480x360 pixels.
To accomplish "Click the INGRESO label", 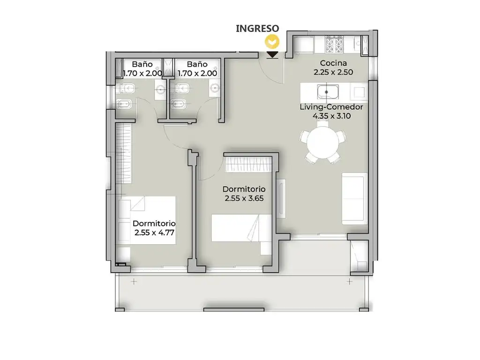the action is [x=257, y=29].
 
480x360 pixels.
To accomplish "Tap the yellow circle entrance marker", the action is [x=272, y=42].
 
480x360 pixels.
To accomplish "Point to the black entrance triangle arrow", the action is [x=272, y=54].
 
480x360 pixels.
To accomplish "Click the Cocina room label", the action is [x=333, y=63].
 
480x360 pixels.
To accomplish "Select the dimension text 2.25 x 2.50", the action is [x=333, y=72].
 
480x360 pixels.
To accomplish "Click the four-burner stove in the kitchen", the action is [x=333, y=45].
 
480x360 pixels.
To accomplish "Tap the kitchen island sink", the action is [x=328, y=92].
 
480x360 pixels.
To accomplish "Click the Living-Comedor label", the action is [x=331, y=107].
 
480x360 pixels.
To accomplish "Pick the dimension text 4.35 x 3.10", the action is [x=331, y=116].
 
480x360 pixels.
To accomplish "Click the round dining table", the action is [x=323, y=142].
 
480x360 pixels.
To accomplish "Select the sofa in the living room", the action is [x=354, y=199].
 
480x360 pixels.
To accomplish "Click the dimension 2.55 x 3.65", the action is [x=244, y=198].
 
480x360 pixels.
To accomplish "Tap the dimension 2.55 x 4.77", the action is [x=154, y=232].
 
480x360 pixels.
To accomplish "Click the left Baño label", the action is [x=142, y=64].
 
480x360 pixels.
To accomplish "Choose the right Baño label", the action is [x=197, y=64].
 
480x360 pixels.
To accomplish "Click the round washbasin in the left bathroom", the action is [x=161, y=90].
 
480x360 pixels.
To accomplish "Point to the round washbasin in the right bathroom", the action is [x=215, y=89].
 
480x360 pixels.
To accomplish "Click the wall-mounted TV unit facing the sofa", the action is [x=281, y=198].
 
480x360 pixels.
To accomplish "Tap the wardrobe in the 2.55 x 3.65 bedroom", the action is [x=248, y=165].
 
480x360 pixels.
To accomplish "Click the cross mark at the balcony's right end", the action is [x=350, y=281].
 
